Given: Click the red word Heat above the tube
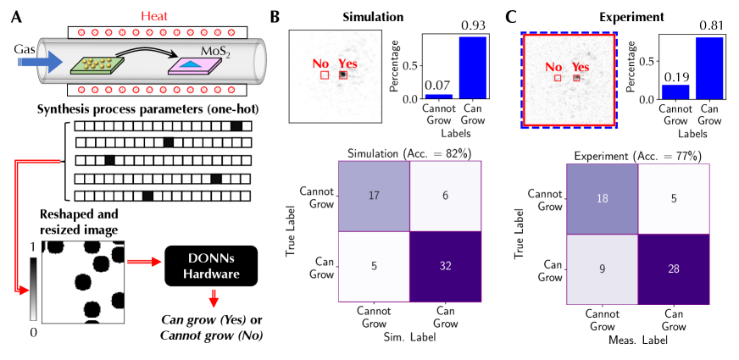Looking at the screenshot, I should click(x=153, y=13).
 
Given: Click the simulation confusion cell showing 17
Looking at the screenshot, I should click(x=374, y=195).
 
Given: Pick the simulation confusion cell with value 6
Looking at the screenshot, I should click(x=445, y=195).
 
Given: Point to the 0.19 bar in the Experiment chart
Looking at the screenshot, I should click(x=675, y=91).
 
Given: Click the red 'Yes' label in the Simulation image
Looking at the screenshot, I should click(x=347, y=64).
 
